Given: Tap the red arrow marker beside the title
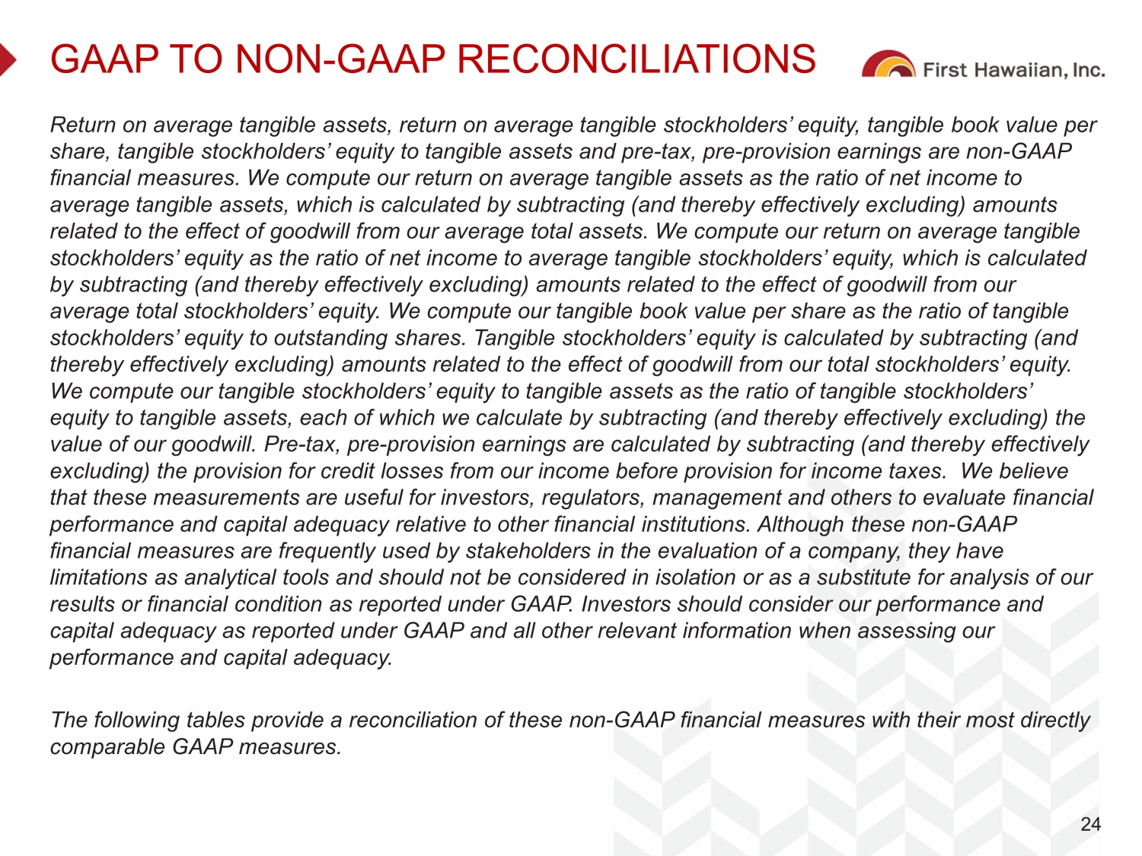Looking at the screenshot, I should [x=8, y=59].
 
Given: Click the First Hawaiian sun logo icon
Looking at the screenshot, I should [x=888, y=65].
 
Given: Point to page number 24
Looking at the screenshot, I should [x=1090, y=824].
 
